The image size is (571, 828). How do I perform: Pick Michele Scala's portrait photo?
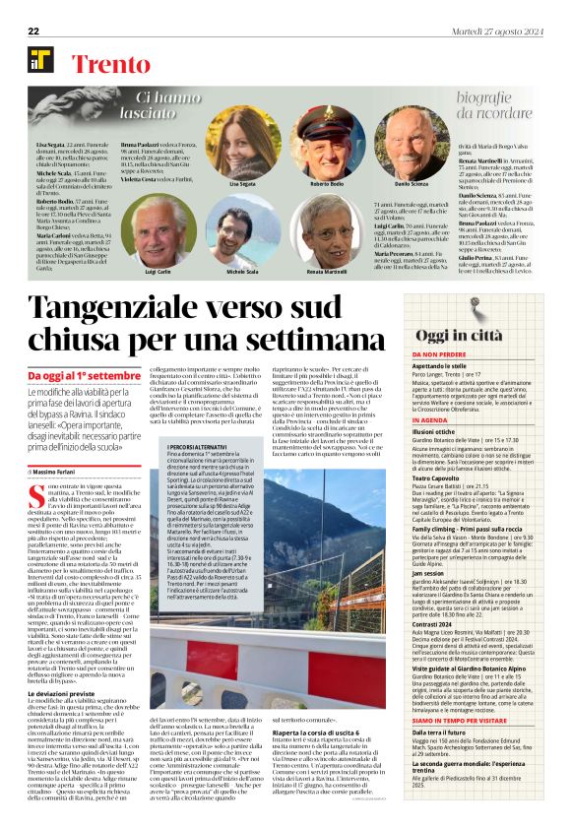(x=240, y=234)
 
